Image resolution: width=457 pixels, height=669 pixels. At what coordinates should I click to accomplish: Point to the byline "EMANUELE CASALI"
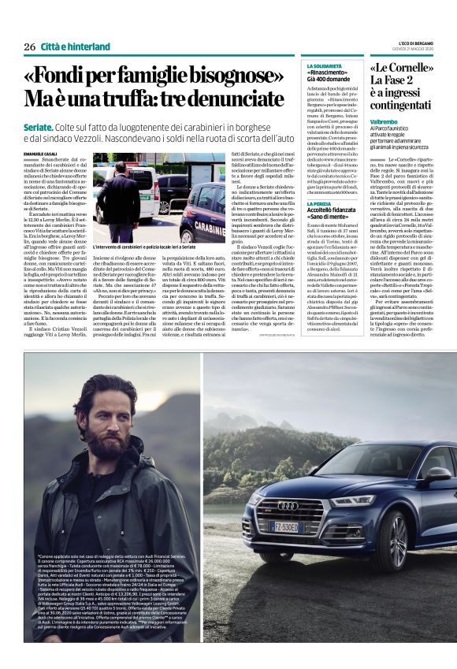[40, 154]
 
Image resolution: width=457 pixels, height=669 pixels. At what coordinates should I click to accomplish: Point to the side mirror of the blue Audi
[437, 475]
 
